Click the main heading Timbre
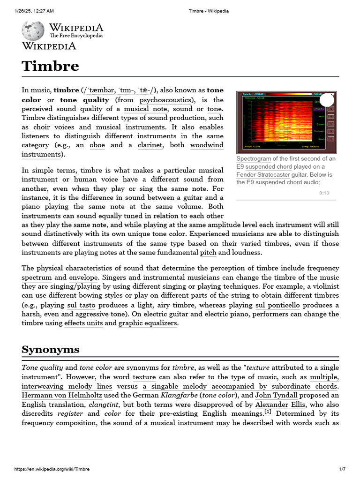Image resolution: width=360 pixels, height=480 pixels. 50,66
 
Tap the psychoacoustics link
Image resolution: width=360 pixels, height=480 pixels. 165,100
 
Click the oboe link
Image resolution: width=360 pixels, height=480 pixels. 97,145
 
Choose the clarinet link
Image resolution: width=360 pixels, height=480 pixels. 150,145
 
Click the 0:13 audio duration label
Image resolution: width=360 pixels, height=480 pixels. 324,193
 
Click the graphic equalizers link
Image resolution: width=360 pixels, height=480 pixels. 148,323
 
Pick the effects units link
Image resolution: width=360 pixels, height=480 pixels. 83,323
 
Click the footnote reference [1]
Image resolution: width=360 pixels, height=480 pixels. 268,412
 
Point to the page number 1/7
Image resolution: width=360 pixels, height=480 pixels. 342,469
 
